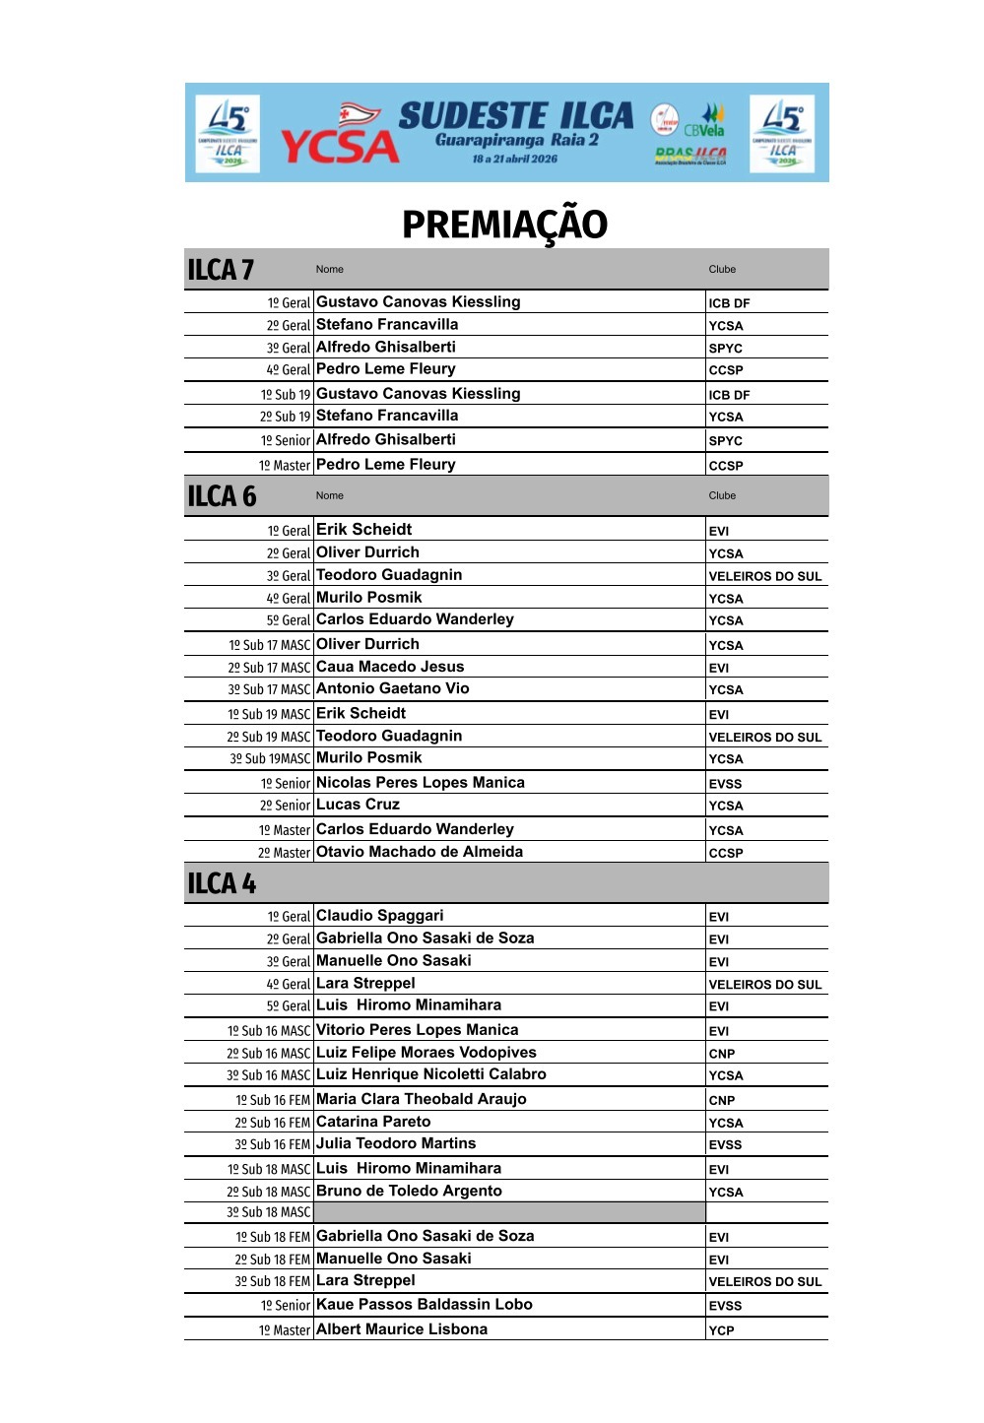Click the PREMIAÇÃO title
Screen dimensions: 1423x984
pos(504,225)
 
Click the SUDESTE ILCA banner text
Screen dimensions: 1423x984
pos(515,116)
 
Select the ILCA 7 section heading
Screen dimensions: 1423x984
pos(221,270)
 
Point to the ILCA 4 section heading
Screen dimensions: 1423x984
pos(222,883)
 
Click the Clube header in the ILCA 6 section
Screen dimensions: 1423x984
pos(722,495)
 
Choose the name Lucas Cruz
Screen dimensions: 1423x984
pos(358,805)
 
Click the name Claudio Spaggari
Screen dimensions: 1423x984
pos(379,916)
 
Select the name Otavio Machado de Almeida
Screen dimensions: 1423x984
pos(420,852)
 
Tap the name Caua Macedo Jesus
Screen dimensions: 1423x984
pos(390,667)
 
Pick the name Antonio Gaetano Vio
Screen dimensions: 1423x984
pos(392,688)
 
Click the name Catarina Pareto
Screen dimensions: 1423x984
pos(373,1122)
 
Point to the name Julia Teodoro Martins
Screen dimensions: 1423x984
pos(396,1143)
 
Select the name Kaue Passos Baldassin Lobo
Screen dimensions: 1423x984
pos(425,1305)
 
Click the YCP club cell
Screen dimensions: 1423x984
pos(722,1330)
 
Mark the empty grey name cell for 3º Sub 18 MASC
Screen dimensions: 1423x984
pos(509,1212)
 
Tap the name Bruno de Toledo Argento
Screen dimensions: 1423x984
pos(409,1191)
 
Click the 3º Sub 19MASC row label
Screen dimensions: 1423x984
pos(270,759)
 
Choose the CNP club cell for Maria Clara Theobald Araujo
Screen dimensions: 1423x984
pos(722,1100)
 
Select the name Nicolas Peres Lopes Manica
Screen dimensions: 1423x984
pos(421,783)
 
